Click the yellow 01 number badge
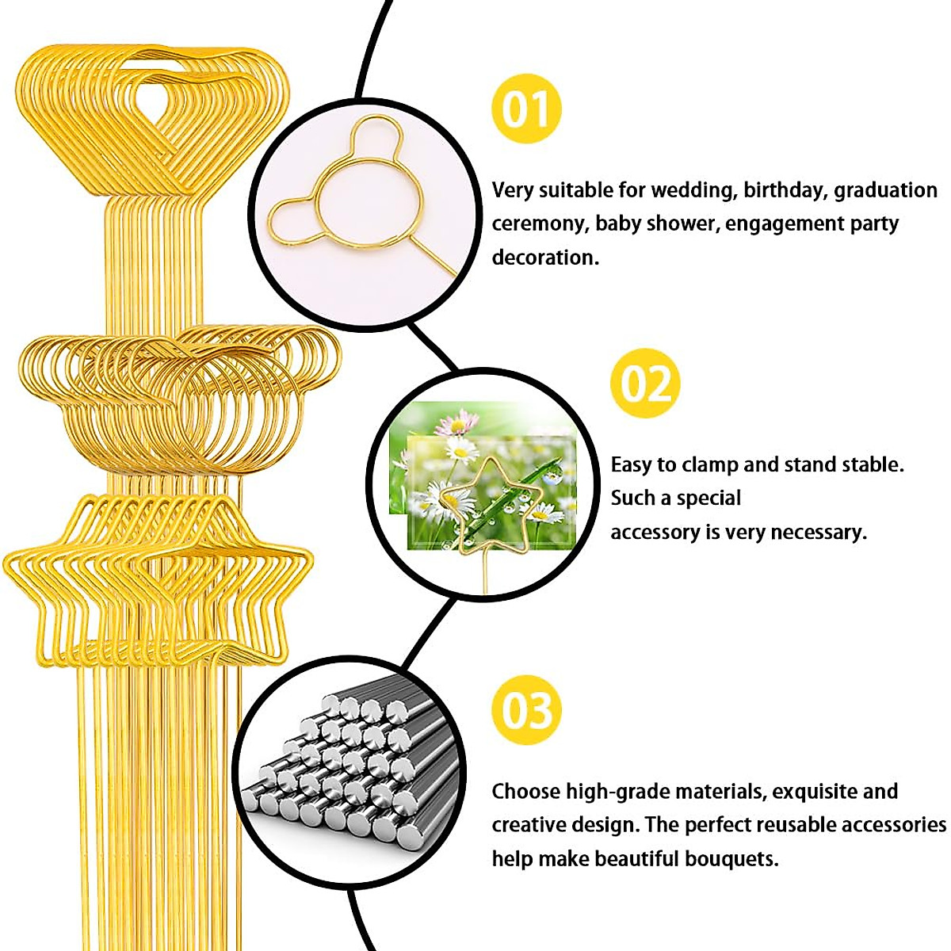(526, 109)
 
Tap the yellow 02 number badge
(645, 384)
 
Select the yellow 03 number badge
(526, 710)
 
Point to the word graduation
(885, 191)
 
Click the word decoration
(545, 258)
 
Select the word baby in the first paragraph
(618, 224)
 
